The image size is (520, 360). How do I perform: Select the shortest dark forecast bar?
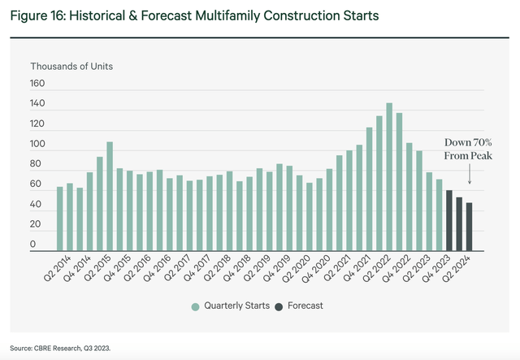(x=469, y=227)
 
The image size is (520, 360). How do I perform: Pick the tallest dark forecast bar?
(x=449, y=220)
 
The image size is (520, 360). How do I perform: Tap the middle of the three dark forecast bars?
(x=459, y=223)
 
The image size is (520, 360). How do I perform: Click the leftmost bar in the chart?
(x=59, y=219)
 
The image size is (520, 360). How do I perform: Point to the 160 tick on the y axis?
(x=39, y=84)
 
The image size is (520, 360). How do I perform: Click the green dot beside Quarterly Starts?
(x=195, y=306)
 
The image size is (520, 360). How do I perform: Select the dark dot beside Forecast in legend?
(x=279, y=306)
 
